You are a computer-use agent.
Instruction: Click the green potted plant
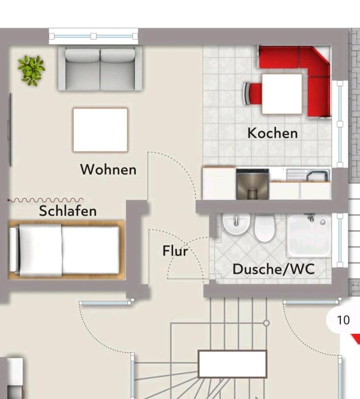[31, 70]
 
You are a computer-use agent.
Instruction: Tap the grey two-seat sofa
[100, 69]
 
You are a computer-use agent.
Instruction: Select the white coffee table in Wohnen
[100, 130]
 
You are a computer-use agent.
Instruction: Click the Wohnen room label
[108, 170]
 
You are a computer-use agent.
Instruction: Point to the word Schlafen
[68, 211]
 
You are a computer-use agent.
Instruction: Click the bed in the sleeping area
[66, 250]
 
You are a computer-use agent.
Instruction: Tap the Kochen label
[272, 133]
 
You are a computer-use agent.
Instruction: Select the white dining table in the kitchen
[282, 94]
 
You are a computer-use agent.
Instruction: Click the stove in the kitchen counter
[252, 184]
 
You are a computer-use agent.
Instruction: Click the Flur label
[175, 251]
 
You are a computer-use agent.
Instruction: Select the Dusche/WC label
[273, 269]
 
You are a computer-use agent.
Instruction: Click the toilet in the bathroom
[264, 228]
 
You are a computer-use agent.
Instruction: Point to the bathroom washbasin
[236, 225]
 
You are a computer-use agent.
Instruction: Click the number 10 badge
[343, 320]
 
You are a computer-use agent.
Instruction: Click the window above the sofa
[93, 37]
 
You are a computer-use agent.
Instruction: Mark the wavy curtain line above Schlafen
[46, 200]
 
